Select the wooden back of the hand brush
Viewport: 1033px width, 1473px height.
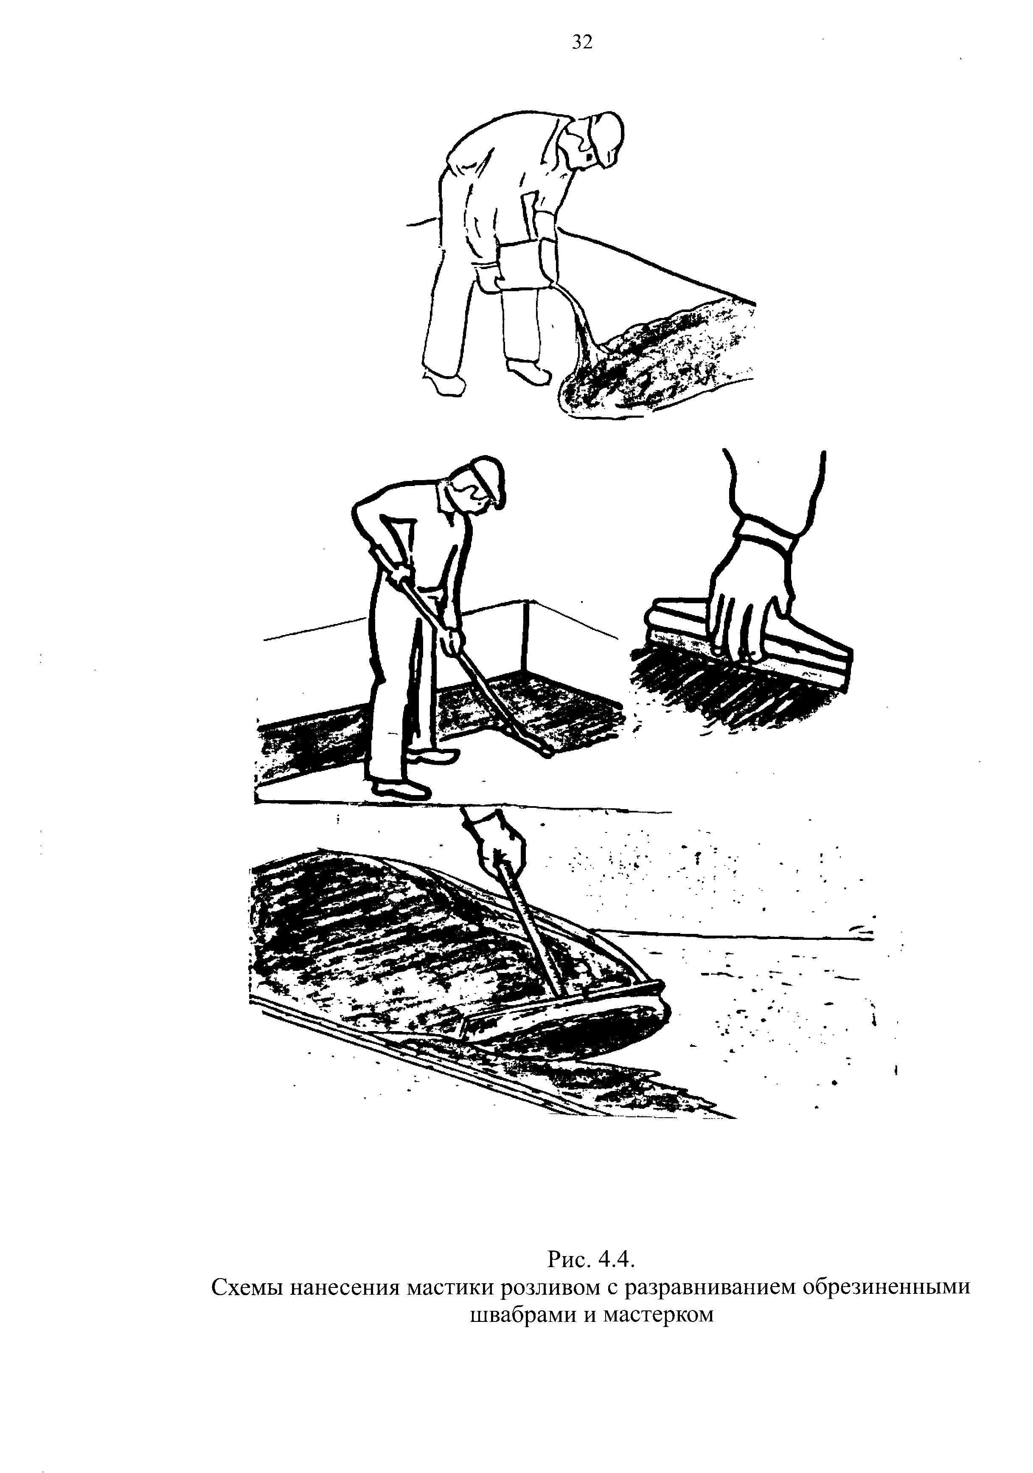pos(750,635)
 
